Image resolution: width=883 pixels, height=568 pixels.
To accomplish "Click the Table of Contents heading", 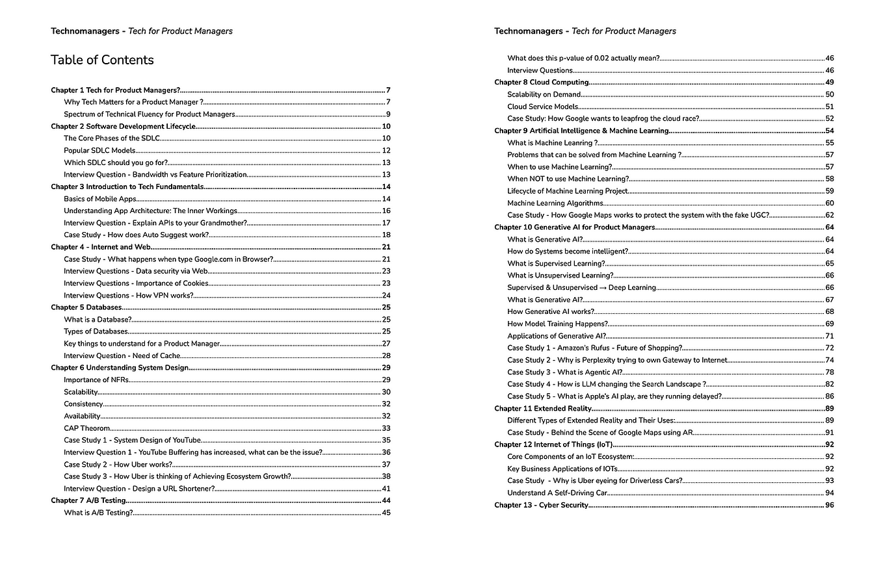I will tap(102, 60).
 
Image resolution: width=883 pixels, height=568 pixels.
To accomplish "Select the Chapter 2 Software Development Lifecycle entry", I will tap(123, 126).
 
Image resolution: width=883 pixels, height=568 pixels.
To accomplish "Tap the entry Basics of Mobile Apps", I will tap(99, 199).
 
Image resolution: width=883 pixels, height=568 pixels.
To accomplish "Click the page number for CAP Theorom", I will tap(386, 428).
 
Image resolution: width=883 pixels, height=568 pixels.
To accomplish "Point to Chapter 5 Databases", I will tap(86, 307).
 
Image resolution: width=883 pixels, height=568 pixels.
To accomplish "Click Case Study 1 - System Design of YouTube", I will tap(132, 440).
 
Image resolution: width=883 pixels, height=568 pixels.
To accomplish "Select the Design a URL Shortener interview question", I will tap(139, 489).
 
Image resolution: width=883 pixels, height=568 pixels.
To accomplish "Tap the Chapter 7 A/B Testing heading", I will tap(88, 500).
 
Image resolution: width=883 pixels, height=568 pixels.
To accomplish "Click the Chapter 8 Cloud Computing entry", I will tap(541, 82).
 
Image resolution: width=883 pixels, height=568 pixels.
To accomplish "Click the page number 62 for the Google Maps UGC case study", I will tap(829, 215).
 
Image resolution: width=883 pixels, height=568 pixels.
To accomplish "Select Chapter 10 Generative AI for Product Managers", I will tap(574, 227).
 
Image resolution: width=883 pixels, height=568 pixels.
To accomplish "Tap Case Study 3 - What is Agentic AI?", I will tap(564, 372).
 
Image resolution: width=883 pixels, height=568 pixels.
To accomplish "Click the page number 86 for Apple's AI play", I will tap(829, 396).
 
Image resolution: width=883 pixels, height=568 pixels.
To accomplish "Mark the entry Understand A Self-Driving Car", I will tap(557, 493).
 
